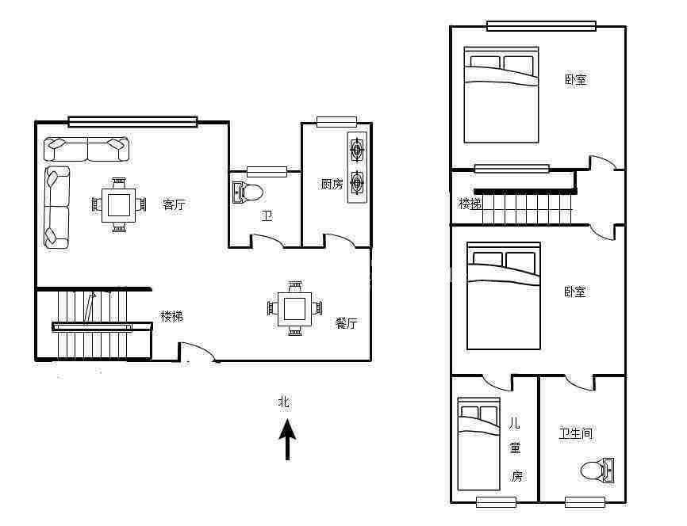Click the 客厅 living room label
pos(174,204)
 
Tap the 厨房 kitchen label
pos(332,185)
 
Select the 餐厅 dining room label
pos(346,323)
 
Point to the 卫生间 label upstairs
pos(575,433)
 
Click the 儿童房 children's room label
pos(516,449)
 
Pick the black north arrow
pos(287,440)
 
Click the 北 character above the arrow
pos(284,402)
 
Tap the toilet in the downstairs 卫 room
pos(248,192)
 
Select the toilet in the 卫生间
pos(597,471)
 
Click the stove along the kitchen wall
pos(357,167)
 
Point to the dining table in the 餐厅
pos(294,308)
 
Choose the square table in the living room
pos(119,204)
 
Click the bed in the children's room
pos(479,444)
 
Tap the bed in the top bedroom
pos(501,95)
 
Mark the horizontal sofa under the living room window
pos(86,150)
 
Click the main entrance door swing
pos(198,352)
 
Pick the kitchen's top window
pos(336,122)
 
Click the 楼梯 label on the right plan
pos(470,204)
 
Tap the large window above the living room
pos(132,122)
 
